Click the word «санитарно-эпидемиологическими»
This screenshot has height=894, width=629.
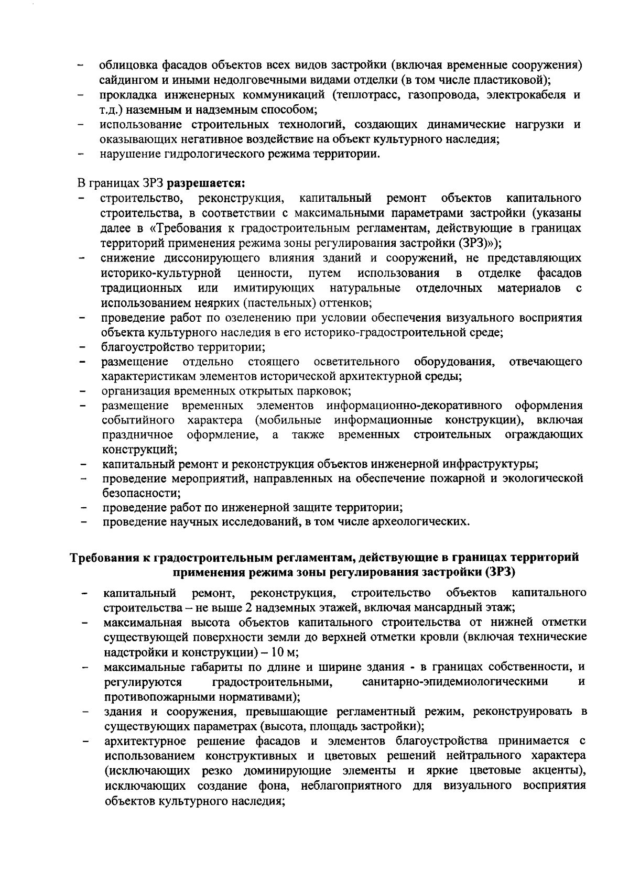click(x=455, y=682)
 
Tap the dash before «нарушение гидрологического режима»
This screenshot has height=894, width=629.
click(x=82, y=155)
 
